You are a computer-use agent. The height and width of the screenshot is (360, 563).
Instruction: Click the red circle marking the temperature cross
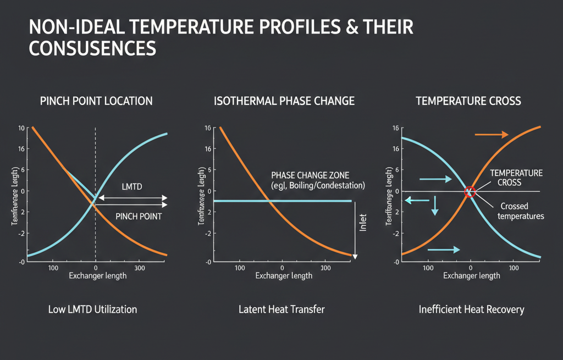pyautogui.click(x=470, y=192)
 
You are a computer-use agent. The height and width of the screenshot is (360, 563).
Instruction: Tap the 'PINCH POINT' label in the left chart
pyautogui.click(x=139, y=217)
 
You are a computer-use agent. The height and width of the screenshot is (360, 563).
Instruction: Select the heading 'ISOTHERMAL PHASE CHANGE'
pyautogui.click(x=284, y=101)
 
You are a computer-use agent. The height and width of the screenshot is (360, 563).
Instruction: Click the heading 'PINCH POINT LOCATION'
pyautogui.click(x=96, y=101)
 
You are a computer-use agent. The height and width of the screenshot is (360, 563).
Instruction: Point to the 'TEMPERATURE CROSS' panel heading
pyautogui.click(x=468, y=101)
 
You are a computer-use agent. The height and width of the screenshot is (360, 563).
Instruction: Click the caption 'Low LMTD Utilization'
pyautogui.click(x=92, y=309)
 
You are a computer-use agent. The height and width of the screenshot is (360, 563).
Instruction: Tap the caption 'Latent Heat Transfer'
pyautogui.click(x=281, y=309)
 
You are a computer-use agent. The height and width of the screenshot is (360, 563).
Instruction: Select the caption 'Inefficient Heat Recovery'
pyautogui.click(x=471, y=309)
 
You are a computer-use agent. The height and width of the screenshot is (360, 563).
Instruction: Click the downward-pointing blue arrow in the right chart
pyautogui.click(x=434, y=204)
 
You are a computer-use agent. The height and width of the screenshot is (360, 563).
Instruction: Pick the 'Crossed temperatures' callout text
pyautogui.click(x=520, y=211)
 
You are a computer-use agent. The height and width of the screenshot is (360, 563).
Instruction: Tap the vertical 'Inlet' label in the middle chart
pyautogui.click(x=362, y=223)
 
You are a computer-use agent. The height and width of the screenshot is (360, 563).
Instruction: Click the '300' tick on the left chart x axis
pyautogui.click(x=140, y=268)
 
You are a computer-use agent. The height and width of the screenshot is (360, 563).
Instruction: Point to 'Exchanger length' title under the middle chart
pyautogui.click(x=284, y=275)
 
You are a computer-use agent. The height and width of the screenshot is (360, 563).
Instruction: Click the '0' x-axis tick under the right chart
pyautogui.click(x=471, y=268)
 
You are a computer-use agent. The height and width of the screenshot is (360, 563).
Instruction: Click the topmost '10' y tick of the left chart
pyautogui.click(x=21, y=128)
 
